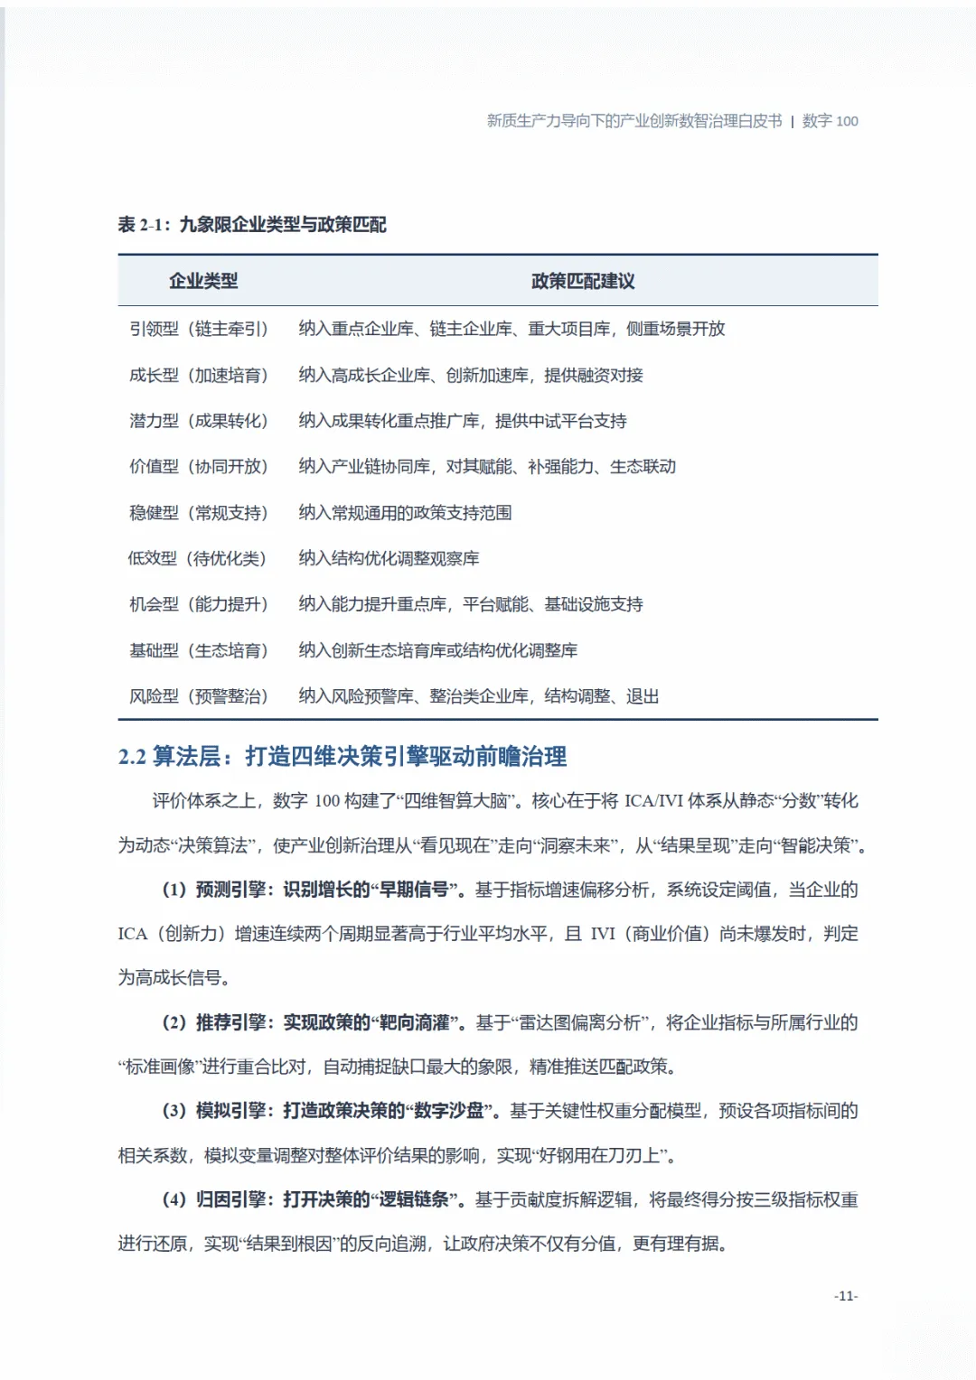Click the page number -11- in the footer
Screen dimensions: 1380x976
point(845,1296)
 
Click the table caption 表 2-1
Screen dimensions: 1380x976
point(144,225)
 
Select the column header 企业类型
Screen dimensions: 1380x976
point(203,281)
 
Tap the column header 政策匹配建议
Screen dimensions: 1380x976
point(583,281)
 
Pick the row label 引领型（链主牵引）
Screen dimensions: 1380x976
point(199,329)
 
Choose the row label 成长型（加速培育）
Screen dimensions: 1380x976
point(199,375)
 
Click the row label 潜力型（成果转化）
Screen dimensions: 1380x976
point(199,421)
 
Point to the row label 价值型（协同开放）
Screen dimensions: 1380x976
point(199,466)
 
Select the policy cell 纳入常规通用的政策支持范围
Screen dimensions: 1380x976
point(405,513)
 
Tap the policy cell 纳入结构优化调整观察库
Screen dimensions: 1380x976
point(389,558)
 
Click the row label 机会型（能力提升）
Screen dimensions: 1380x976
point(199,604)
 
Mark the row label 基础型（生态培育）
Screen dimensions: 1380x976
point(199,650)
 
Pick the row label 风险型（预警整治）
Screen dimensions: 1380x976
point(199,696)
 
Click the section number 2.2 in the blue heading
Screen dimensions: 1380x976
point(132,757)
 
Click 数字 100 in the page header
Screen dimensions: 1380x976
point(830,121)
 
